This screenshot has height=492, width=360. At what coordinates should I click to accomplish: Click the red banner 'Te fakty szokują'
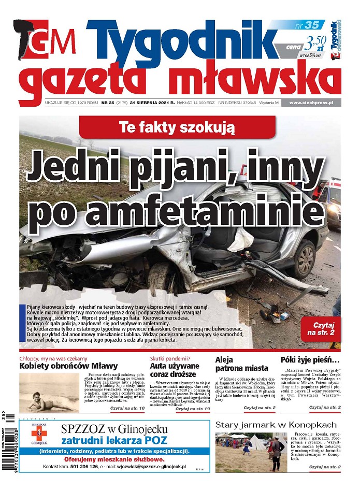point(177,127)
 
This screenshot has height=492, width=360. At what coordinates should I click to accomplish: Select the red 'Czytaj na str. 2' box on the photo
point(321,329)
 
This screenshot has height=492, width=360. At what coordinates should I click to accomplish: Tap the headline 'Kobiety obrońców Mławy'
point(69,366)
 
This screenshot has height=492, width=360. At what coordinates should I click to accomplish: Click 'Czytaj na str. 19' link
point(192,409)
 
